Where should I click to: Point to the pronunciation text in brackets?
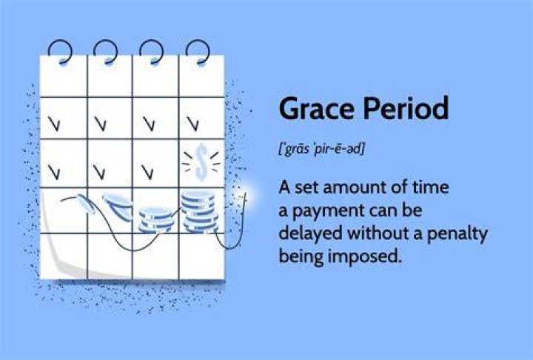click(x=321, y=150)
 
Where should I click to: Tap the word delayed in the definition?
click(x=310, y=234)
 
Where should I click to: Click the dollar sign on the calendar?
click(x=201, y=161)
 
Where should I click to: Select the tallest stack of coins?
click(x=200, y=212)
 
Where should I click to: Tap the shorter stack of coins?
click(x=156, y=220)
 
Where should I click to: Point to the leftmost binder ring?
click(x=60, y=52)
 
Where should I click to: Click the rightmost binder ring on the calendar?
click(x=198, y=52)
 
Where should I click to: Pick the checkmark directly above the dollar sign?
click(x=193, y=124)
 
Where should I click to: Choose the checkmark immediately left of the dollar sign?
click(x=147, y=172)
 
